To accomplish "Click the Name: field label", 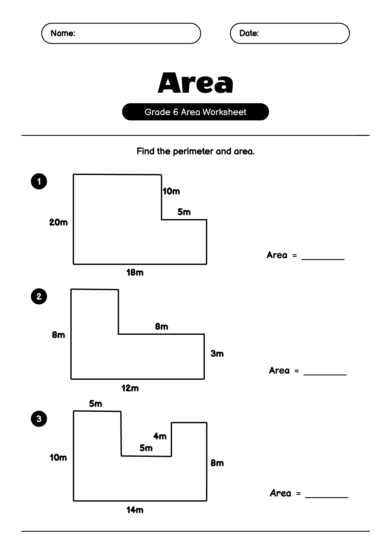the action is click(63, 33).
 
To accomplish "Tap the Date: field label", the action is click(249, 33).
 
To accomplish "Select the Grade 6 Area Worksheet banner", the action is click(195, 112).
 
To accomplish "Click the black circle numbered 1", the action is click(39, 181).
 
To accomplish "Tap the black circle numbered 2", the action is click(39, 297).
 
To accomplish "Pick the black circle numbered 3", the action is click(39, 419).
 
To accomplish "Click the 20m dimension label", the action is click(58, 222).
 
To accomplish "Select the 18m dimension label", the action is click(135, 273).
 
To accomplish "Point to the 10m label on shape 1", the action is click(171, 191).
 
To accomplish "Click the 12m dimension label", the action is click(130, 388).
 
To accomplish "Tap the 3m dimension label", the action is click(217, 354).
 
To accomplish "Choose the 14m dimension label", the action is click(135, 510).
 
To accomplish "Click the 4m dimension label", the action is click(160, 436).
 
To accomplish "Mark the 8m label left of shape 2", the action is click(58, 335).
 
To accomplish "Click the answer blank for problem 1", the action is click(323, 259).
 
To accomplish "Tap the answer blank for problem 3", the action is click(327, 497).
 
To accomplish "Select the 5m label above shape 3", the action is click(96, 404).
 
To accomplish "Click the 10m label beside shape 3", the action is click(58, 458).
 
